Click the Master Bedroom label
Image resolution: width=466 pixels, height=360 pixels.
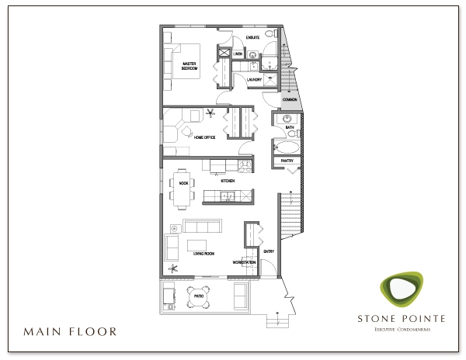(x=190, y=66)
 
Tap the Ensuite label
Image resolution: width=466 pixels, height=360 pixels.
(x=252, y=37)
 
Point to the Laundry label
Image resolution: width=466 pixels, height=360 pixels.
(x=253, y=79)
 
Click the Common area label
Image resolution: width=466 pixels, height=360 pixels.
(x=290, y=100)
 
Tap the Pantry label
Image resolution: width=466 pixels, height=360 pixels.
(x=286, y=161)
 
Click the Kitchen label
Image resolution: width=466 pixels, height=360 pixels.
(x=228, y=181)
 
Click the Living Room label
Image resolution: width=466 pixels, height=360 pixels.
(x=204, y=254)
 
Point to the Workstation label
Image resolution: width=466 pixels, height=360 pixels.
(x=244, y=262)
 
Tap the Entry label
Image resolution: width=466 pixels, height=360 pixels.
(x=269, y=251)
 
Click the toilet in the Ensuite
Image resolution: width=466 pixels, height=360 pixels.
(x=269, y=36)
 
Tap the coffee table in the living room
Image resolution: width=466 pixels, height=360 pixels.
(x=197, y=244)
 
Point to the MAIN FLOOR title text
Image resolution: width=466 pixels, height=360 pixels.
(x=70, y=331)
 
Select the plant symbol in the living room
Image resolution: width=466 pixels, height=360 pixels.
(x=176, y=268)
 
